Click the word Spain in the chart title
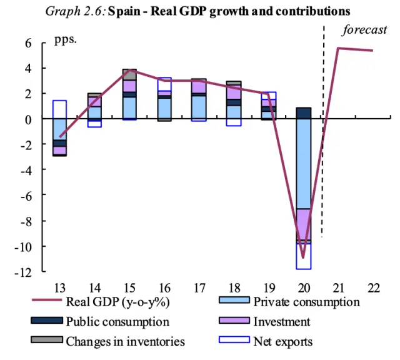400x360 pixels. [123, 12]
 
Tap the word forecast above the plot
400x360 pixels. [366, 30]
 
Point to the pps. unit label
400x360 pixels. [65, 39]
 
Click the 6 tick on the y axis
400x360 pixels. [28, 42]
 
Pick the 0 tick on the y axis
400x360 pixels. [29, 119]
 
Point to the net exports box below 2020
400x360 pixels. [304, 256]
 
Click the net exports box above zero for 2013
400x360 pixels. [59, 109]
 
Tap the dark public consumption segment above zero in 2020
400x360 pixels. [304, 113]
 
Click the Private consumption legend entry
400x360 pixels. [306, 302]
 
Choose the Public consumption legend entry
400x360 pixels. [117, 322]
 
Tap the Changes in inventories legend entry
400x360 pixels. [125, 341]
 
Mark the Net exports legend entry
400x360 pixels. [282, 341]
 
